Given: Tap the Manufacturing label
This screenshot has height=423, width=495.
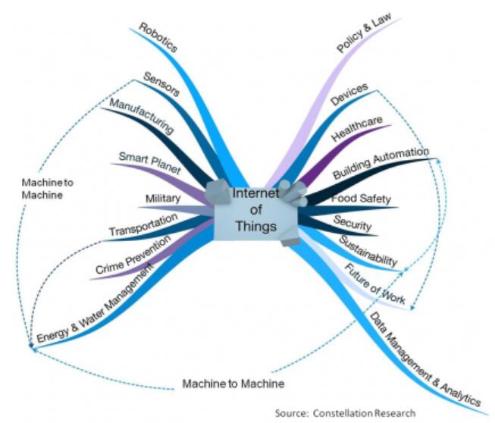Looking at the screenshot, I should click(142, 116).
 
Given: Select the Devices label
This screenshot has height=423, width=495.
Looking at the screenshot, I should click(349, 96).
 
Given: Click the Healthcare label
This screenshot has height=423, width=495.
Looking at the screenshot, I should click(356, 132).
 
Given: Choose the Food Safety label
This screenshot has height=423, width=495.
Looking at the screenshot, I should click(362, 200).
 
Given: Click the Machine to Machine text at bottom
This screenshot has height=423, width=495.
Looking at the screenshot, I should click(233, 384).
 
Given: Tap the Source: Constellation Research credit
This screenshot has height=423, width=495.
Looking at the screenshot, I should click(345, 412).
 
